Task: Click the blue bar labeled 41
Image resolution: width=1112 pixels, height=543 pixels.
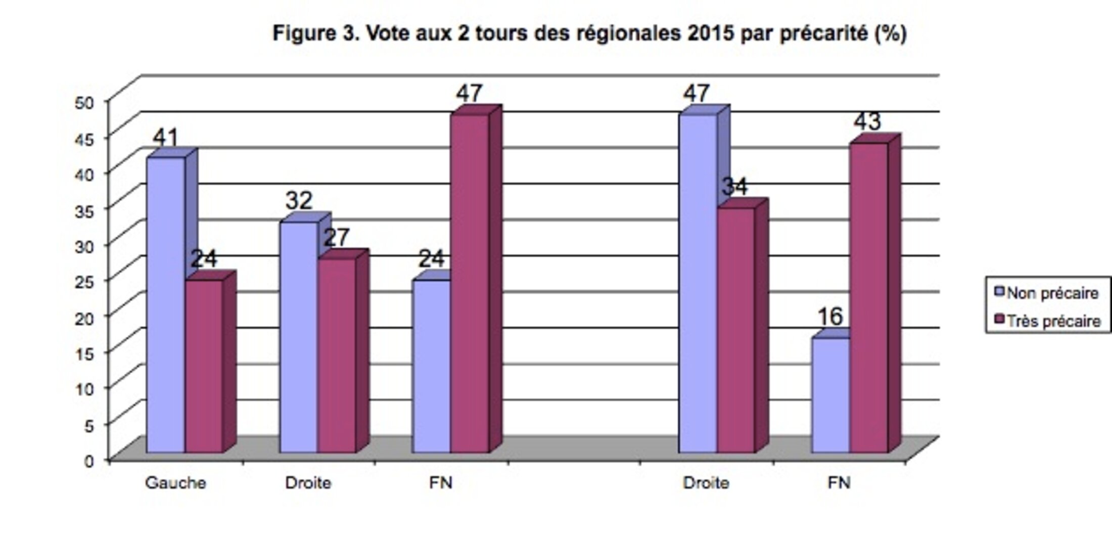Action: (166, 303)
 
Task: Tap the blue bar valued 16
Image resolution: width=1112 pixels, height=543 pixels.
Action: (830, 394)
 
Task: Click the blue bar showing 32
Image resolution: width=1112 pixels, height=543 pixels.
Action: (298, 336)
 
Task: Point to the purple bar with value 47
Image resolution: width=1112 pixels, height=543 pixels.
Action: (470, 283)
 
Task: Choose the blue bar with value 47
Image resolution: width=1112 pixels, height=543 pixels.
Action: (698, 283)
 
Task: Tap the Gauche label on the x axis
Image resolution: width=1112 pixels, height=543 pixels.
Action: (175, 483)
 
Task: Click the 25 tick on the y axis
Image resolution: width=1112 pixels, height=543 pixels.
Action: (84, 282)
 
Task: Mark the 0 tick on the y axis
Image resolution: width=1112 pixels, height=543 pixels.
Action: (89, 461)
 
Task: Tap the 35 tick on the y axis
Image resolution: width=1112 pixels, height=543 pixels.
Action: (84, 210)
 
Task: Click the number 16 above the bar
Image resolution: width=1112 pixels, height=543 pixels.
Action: (830, 317)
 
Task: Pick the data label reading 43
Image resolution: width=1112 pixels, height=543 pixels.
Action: (867, 121)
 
